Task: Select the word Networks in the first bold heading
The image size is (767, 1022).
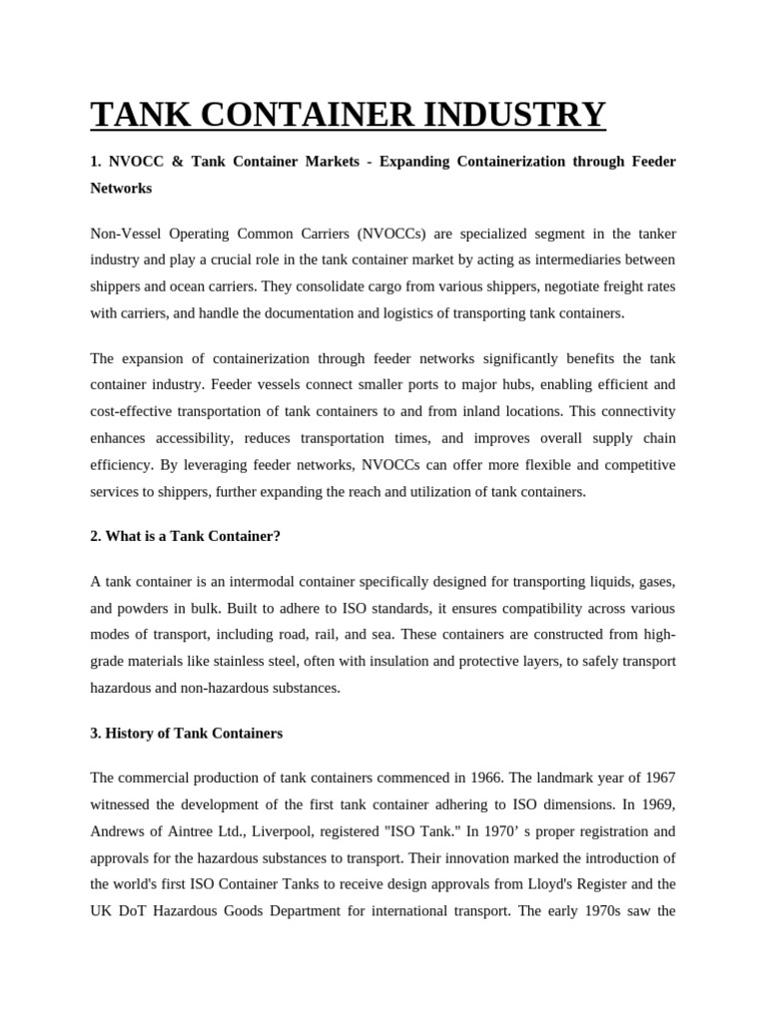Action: pos(121,187)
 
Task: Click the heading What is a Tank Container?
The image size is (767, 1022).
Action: pos(185,536)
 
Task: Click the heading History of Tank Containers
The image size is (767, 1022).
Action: pos(186,733)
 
